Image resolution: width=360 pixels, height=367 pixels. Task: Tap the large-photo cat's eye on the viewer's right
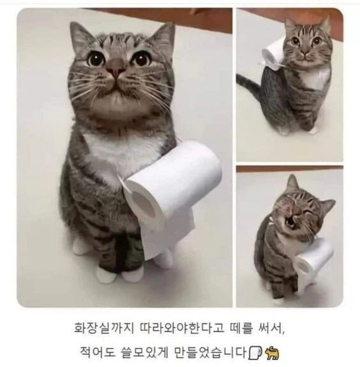[x=140, y=59]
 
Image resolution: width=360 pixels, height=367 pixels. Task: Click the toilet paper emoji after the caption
[x=254, y=351]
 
